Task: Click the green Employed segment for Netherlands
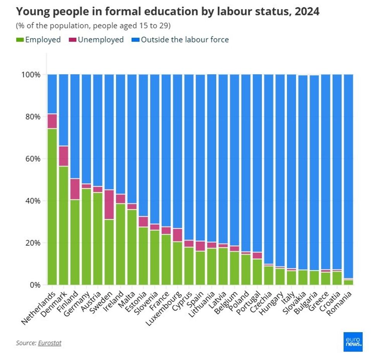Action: click(x=52, y=207)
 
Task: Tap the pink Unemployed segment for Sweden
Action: click(x=109, y=204)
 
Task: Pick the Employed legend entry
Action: click(x=38, y=40)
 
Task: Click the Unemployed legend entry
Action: click(x=96, y=40)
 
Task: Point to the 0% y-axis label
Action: click(x=36, y=285)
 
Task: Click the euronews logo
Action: click(x=353, y=341)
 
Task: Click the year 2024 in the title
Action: click(x=306, y=12)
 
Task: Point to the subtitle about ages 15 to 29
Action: click(x=93, y=26)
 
